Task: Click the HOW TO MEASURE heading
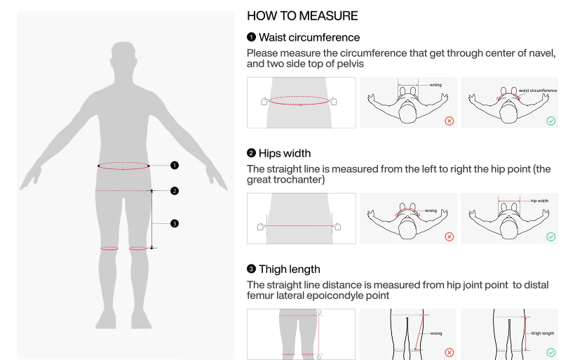[x=302, y=15]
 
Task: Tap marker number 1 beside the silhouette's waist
[x=175, y=166]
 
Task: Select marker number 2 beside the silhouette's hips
[x=175, y=191]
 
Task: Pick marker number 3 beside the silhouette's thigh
[x=175, y=223]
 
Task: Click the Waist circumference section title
[x=309, y=37]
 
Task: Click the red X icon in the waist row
[x=449, y=121]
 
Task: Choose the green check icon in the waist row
[x=550, y=121]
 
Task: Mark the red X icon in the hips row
[x=449, y=236]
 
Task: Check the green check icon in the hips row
[x=550, y=236]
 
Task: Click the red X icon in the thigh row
[x=449, y=353]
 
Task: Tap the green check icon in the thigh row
[x=550, y=353]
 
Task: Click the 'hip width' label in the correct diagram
[x=539, y=201]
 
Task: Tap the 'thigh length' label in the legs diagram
[x=543, y=333]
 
